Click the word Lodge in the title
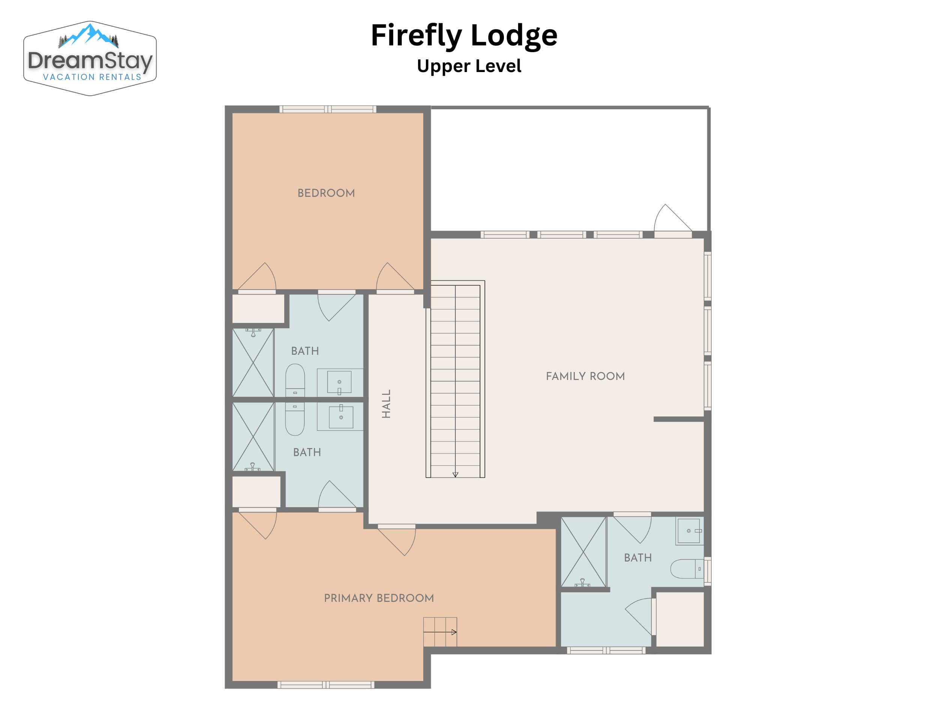514,35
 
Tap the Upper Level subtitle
469,66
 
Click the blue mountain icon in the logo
89,35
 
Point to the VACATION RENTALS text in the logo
92,77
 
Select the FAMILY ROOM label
585,376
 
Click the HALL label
386,404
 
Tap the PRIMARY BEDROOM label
379,598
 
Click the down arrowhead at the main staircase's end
455,475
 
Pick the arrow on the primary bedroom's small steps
440,632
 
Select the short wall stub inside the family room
679,419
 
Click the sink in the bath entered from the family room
689,531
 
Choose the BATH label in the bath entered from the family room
638,558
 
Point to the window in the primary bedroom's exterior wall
326,684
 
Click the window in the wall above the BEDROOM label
328,109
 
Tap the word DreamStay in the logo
90,60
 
